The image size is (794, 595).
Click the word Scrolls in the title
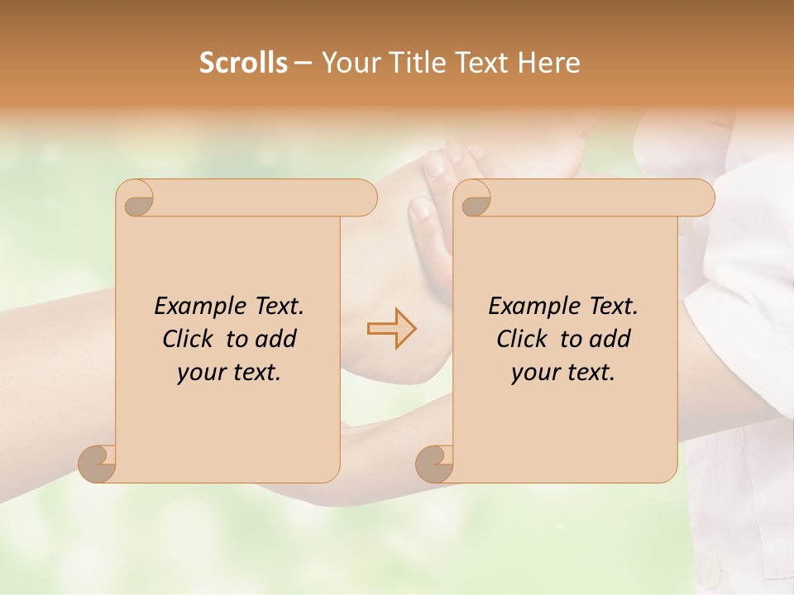click(x=243, y=63)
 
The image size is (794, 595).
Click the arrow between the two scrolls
click(x=391, y=328)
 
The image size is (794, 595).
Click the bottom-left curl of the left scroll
click(x=96, y=463)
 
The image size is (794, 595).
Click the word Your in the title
click(x=347, y=63)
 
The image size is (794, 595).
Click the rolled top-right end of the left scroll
click(x=364, y=198)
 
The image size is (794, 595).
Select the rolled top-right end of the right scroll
click(x=701, y=198)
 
